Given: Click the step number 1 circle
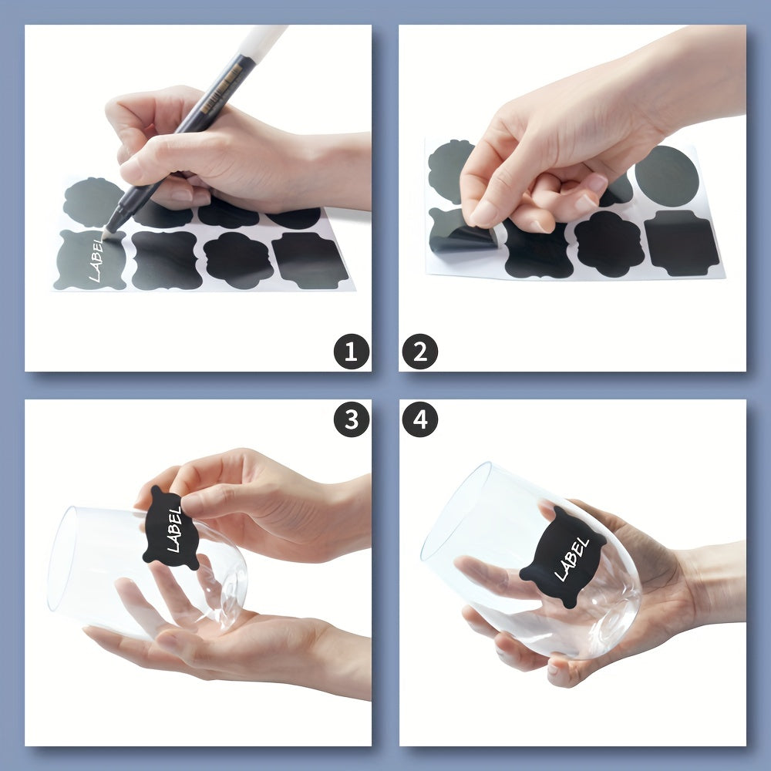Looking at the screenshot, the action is point(351,352).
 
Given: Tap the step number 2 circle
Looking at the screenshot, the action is point(419,352).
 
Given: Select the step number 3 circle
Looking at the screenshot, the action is point(351,419).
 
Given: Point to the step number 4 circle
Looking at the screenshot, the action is point(419,419).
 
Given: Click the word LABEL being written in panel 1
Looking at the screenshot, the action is point(96,260).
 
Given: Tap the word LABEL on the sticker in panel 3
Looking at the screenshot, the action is point(174,529).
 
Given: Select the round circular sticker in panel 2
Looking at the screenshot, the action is point(667,176).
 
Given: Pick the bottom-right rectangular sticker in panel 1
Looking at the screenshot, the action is point(310,261).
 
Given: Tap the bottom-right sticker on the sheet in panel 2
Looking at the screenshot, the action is point(682,243).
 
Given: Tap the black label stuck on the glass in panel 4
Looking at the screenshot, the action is point(564,557).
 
